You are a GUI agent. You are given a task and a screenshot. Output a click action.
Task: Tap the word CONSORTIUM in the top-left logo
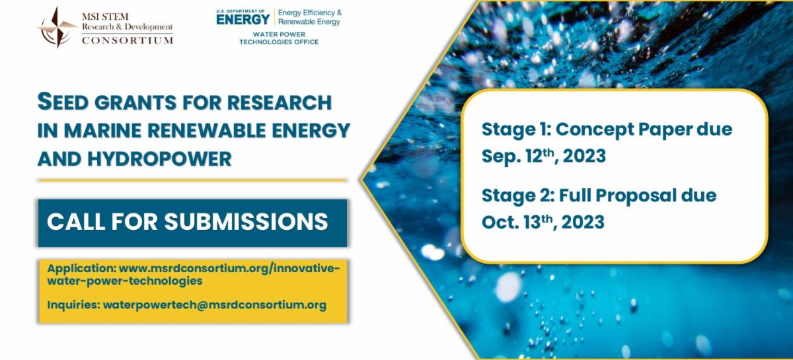click(x=128, y=40)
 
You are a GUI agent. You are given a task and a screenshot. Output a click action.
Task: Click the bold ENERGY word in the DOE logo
click(x=243, y=18)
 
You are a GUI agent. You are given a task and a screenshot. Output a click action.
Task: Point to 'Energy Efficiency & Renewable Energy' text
click(x=309, y=17)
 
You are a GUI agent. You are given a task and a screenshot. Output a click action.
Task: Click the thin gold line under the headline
click(x=192, y=180)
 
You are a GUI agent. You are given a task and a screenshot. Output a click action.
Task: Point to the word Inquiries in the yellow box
click(x=72, y=305)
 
